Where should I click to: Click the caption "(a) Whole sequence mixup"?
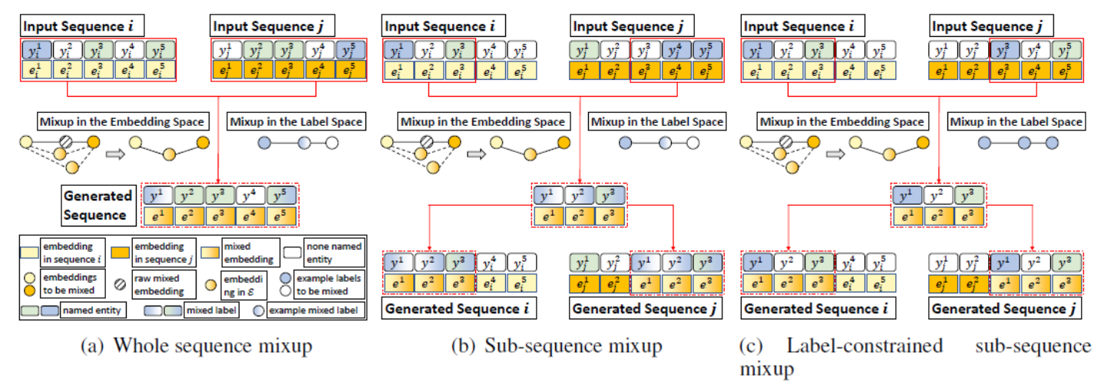(x=197, y=346)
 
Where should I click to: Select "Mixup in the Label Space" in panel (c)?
(x=1016, y=121)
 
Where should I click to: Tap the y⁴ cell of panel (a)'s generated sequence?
(x=251, y=193)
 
